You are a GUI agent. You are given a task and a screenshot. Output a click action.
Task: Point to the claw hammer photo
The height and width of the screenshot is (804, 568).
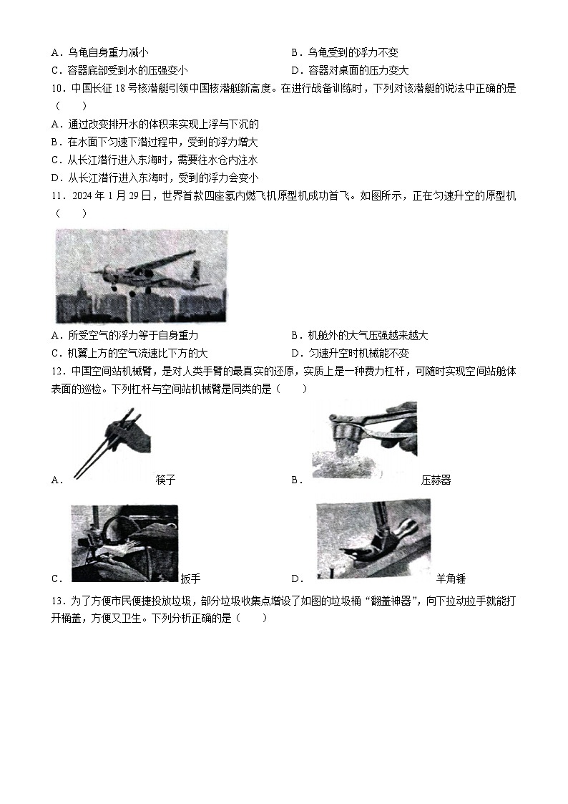pos(373,538)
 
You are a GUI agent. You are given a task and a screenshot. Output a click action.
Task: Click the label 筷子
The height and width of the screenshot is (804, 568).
pos(165,480)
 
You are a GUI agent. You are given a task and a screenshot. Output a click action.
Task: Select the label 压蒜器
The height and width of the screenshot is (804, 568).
pos(436,480)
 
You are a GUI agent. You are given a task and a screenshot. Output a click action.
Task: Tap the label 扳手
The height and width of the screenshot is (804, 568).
pos(191,578)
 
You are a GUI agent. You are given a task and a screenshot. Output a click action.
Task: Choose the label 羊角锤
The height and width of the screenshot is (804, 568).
pos(451,578)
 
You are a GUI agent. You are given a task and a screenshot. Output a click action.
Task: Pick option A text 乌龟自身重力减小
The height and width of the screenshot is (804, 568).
pos(108,52)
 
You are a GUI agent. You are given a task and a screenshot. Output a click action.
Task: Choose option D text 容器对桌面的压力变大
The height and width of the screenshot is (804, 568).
pos(358,70)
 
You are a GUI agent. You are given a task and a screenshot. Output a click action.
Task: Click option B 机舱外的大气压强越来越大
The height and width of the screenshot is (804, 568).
pos(368,335)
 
